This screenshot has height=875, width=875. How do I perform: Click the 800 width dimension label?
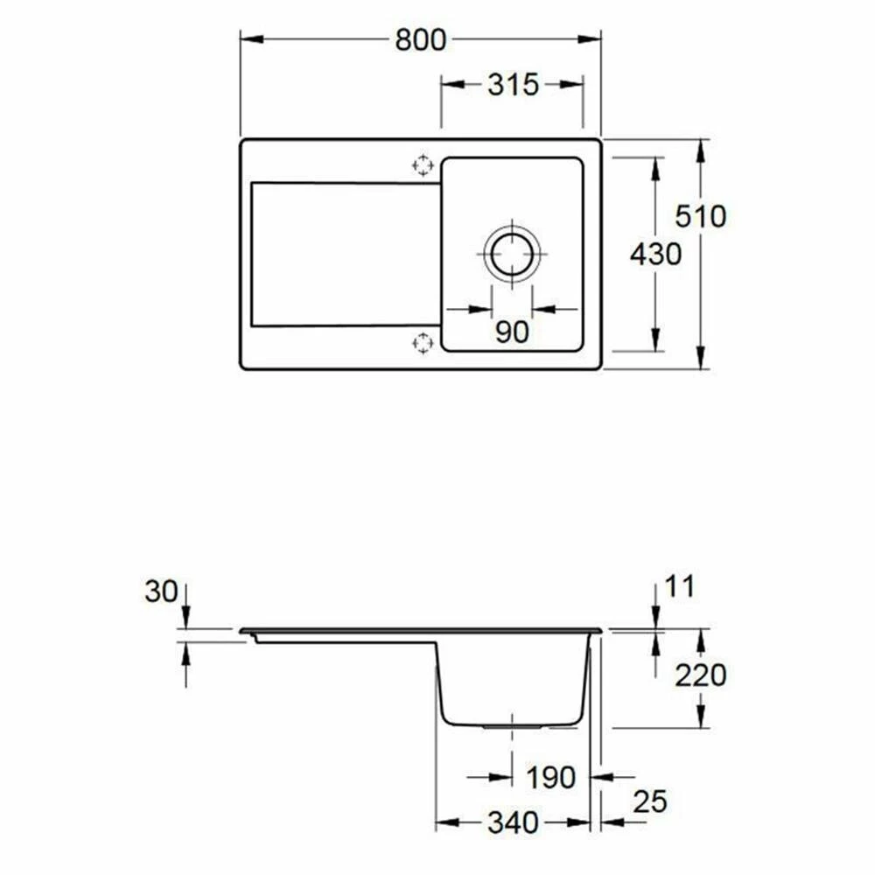420,39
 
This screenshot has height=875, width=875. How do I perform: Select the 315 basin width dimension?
512,85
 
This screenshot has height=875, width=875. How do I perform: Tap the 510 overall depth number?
700,216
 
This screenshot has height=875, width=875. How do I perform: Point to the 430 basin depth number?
655,255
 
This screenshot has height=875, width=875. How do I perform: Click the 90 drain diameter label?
512,332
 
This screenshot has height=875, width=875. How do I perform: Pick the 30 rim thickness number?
162,591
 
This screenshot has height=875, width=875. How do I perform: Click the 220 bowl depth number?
700,675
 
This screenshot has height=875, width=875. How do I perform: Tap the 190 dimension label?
550,776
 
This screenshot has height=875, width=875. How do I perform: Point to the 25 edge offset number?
649,801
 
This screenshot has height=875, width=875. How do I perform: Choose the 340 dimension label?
514,822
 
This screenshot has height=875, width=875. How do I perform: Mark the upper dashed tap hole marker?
423,164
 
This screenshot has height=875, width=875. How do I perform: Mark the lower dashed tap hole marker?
423,343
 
